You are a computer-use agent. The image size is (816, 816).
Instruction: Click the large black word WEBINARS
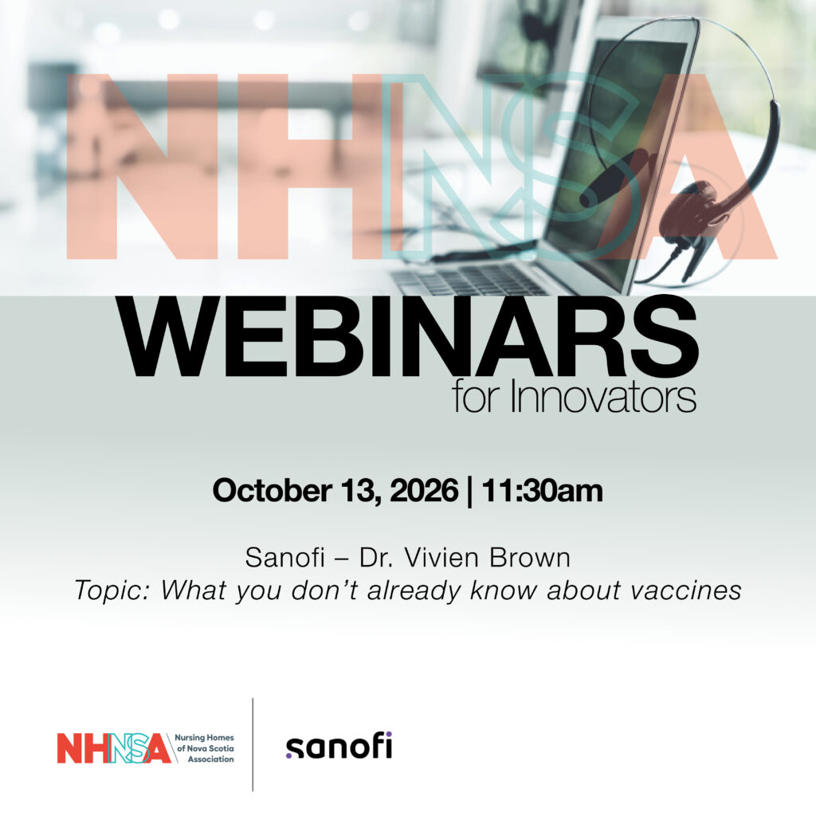pos(409,337)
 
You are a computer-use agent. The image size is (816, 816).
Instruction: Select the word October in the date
pos(273,490)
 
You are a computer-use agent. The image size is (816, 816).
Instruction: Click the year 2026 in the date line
pos(424,490)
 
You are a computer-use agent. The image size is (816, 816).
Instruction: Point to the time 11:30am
pos(542,490)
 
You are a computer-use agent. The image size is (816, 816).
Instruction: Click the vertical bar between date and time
pos(470,491)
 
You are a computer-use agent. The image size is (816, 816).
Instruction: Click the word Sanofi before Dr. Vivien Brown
pos(284,558)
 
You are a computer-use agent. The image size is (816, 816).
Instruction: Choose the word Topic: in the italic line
pos(112,590)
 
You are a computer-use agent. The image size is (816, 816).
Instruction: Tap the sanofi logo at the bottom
pos(339,745)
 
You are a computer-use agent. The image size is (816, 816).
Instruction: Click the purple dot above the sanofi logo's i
pos(389,734)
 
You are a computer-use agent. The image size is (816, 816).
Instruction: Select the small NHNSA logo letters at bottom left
pos(114,748)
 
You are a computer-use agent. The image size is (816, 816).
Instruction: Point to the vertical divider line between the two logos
pos(253,745)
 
